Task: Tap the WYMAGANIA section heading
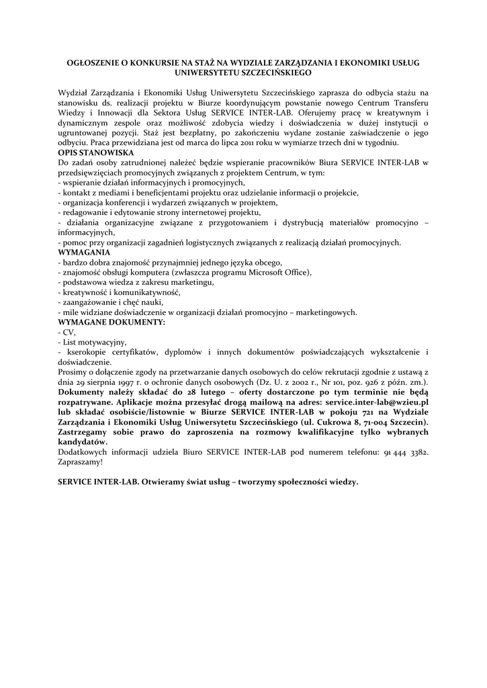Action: (x=84, y=251)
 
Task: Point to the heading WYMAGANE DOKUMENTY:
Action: (x=112, y=322)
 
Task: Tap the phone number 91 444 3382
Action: (x=406, y=453)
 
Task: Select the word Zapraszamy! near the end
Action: (x=81, y=462)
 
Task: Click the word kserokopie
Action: (x=91, y=352)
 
